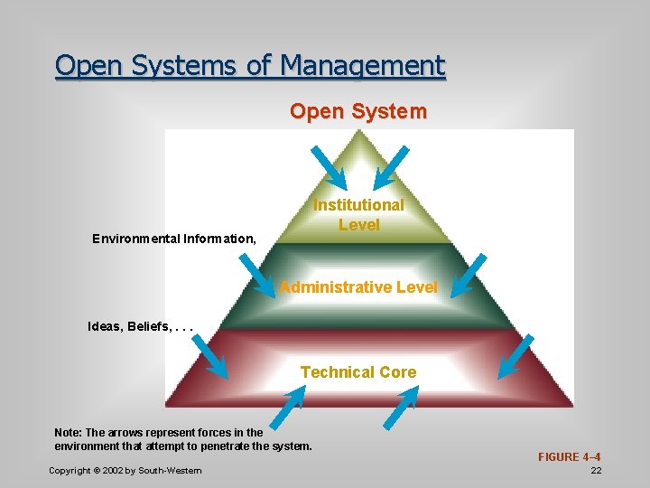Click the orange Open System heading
point(358,112)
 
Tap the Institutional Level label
point(358,215)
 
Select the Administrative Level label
point(358,287)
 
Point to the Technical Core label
point(358,372)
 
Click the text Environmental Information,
point(174,239)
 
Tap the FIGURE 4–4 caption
point(570,457)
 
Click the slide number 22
point(596,471)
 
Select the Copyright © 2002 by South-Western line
point(125,471)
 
